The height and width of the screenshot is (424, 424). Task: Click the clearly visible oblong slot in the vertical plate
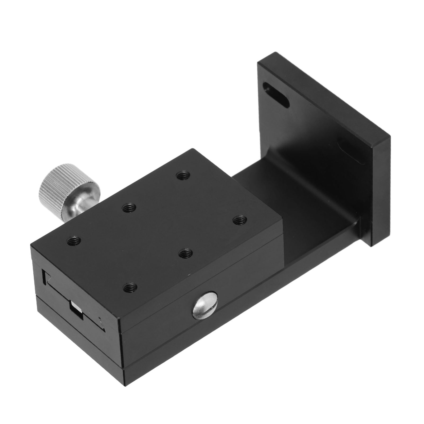tap(276, 98)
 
